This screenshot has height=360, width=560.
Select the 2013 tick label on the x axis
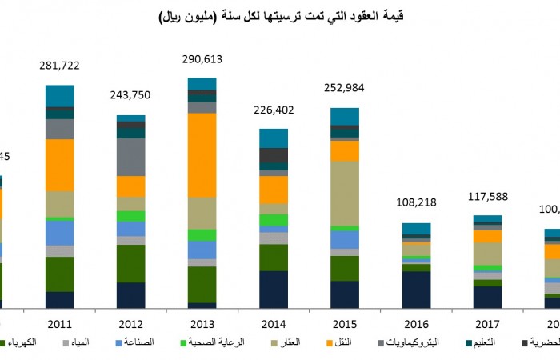202,323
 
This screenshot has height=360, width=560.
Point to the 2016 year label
416,323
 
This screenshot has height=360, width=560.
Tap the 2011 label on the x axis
60,323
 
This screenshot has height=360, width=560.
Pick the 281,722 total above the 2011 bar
59,65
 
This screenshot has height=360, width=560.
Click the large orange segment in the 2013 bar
202,155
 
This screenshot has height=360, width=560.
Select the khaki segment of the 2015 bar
345,194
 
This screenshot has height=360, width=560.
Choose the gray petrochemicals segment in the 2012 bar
130,157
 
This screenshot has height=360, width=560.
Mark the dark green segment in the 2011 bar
60,274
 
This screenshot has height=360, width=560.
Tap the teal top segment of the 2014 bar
274,138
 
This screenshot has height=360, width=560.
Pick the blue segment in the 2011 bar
60,233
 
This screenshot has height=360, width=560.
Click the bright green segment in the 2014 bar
274,220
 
